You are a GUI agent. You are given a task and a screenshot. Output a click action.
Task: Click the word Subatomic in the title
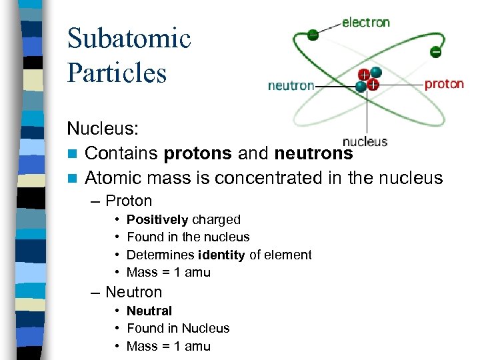point(129,39)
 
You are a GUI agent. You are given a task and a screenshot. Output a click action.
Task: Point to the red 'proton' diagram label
point(444,84)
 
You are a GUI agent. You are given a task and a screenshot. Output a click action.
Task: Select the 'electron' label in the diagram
point(366,22)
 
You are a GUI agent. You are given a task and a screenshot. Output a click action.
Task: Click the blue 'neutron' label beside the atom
point(291,85)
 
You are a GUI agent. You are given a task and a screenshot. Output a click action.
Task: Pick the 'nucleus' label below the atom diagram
point(365,141)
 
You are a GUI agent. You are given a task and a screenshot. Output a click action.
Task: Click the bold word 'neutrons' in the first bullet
point(313,153)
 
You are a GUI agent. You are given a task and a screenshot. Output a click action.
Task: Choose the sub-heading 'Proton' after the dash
point(129,201)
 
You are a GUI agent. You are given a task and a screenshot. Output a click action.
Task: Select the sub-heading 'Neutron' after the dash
point(133,292)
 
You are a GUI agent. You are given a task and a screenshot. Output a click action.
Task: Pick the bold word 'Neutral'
point(149,311)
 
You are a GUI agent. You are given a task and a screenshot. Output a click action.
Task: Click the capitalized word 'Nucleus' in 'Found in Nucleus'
point(206,328)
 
